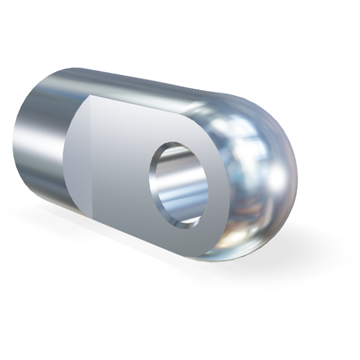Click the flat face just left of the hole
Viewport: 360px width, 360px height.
pyautogui.click(x=121, y=169)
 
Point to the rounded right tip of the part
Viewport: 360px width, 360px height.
pyautogui.click(x=293, y=180)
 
